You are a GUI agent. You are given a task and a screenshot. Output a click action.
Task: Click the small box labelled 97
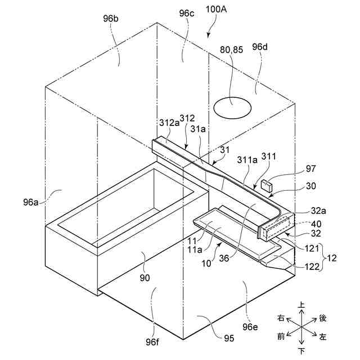(267, 184)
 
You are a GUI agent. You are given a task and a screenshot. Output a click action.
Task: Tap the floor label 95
(228, 338)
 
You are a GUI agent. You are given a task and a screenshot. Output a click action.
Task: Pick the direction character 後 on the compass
(323, 318)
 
